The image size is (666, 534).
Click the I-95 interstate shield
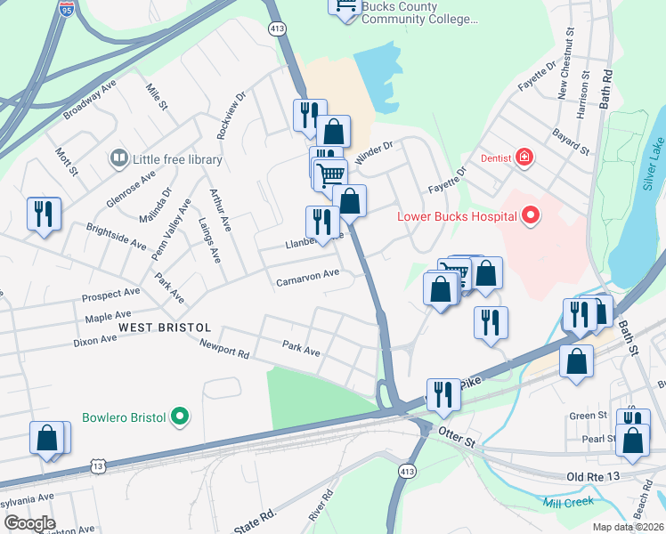pos(67,9)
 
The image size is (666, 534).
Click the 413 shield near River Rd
pos(408,470)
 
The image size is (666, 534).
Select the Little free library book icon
pos(118,159)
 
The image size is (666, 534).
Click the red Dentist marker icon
pos(524,158)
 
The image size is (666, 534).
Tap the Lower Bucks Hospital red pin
pos(531,215)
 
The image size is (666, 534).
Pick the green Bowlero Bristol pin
pos(180,416)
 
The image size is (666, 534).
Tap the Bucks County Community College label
pos(419,12)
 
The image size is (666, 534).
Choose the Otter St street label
pos(459,432)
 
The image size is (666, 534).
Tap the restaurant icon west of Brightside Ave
pos(44,214)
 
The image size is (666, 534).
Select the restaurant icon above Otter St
pos(443,394)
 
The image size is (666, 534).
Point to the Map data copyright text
pos(629,527)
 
